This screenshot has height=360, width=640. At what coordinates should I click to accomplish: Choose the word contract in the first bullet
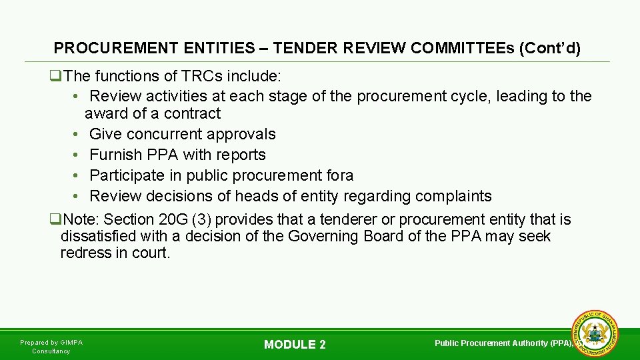[x=193, y=113]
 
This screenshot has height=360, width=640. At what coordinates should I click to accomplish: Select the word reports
[x=241, y=155]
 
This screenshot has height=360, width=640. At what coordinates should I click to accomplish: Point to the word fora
[x=339, y=175]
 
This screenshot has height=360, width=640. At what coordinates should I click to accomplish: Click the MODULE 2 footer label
[x=295, y=345]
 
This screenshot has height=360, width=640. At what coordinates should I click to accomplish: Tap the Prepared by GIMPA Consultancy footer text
[x=51, y=347]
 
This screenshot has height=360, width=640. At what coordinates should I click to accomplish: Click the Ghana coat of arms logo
[x=595, y=333]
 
